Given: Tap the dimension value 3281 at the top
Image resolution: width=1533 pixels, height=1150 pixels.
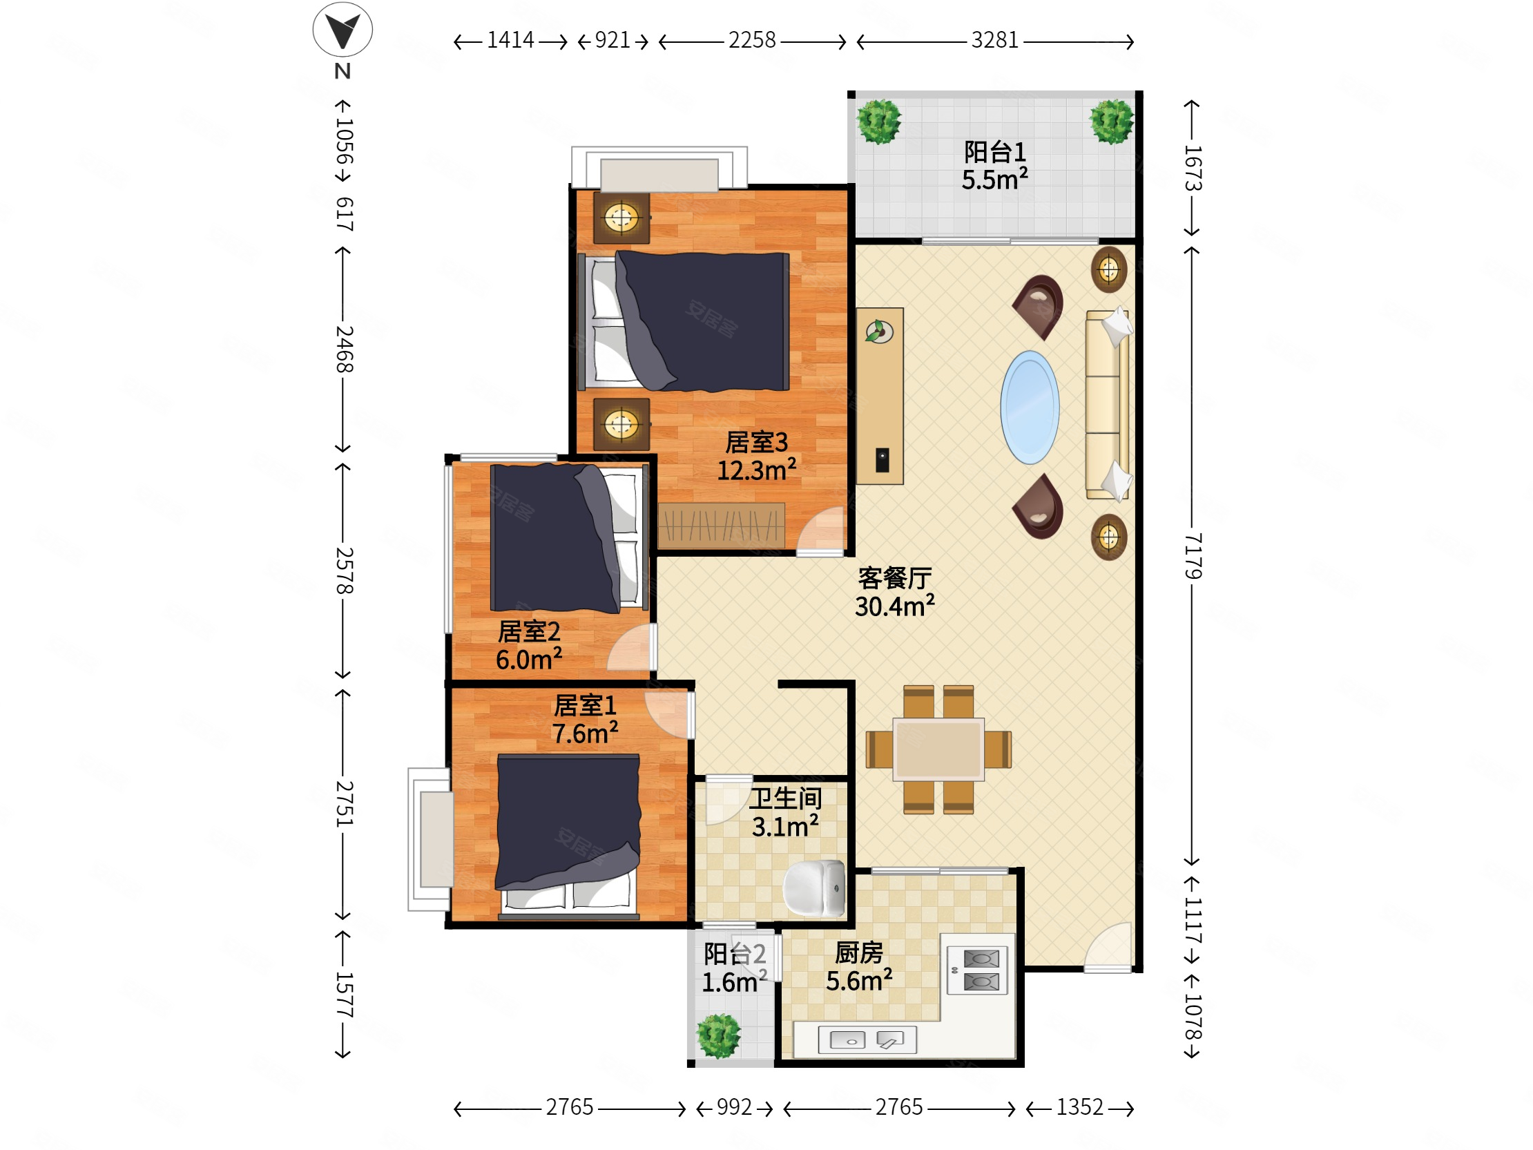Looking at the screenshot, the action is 994,40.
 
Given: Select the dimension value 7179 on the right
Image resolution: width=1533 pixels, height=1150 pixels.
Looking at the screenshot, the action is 1192,556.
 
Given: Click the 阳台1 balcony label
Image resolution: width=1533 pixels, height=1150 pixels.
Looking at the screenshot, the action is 994,152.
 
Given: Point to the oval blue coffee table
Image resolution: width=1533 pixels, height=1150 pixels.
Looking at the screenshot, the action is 1030,407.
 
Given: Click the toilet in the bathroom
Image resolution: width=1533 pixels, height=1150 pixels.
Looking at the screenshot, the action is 814,888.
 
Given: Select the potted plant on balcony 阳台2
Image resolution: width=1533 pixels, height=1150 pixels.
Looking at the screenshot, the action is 719,1036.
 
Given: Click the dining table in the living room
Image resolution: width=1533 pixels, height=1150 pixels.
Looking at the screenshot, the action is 938,749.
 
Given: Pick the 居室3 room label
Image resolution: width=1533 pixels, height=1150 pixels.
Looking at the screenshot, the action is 756,441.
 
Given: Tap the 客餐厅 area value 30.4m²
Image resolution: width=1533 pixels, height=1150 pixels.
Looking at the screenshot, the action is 895,606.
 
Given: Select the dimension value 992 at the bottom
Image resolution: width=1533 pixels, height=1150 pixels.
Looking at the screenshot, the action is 734,1107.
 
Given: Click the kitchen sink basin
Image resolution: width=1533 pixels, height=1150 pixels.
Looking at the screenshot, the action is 847,1040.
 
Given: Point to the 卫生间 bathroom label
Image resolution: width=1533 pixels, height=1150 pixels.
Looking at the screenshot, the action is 785,798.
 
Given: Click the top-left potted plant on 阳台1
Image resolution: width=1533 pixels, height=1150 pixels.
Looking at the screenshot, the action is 880,122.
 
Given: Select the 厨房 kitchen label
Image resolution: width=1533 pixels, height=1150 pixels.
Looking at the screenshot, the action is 858,953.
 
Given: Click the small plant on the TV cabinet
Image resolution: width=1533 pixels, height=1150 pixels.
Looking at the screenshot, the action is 879,332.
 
